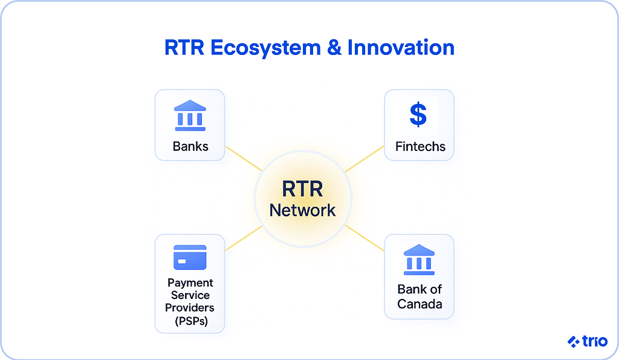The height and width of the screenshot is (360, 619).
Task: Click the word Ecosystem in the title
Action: coord(265,48)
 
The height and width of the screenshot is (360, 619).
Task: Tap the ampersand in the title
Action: coord(334,48)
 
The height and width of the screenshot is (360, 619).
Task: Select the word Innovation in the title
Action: coord(401,48)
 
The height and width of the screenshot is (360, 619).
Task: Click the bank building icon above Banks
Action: coord(190,115)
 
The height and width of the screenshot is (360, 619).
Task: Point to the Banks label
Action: coord(190,146)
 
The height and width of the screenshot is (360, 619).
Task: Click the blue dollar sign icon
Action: coord(418,115)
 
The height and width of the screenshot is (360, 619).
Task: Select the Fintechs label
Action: coord(420,146)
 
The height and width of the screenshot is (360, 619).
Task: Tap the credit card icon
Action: coord(190,257)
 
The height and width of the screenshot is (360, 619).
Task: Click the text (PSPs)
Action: coord(191,321)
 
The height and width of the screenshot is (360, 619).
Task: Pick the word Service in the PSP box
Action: coord(190,295)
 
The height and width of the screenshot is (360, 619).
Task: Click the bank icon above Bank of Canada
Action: coord(419,260)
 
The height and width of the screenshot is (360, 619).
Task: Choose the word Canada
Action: coord(420,304)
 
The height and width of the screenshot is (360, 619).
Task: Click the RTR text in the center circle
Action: coord(302,189)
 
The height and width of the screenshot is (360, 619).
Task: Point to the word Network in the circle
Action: coord(302,210)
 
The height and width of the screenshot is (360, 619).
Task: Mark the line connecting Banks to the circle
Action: coord(244,158)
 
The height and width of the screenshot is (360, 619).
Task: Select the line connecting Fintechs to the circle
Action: coord(365,159)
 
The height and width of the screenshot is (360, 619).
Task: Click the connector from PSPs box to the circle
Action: coord(244,238)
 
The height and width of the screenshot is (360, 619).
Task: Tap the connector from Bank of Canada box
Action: coord(365,238)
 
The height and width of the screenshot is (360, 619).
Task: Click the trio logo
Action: coord(588,341)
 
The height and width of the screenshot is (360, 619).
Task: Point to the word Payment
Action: coord(190,283)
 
